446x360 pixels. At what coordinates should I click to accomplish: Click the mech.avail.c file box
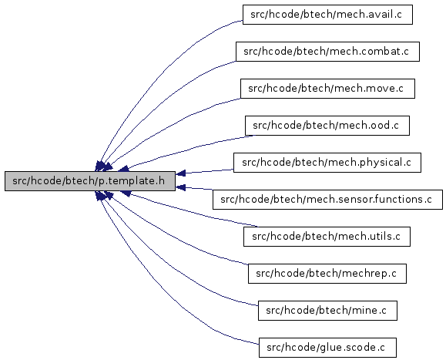click(327, 15)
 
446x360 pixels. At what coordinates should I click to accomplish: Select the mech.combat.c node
click(327, 52)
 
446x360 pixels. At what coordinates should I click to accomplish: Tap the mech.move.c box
click(327, 89)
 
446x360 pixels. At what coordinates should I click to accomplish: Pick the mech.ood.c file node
click(327, 126)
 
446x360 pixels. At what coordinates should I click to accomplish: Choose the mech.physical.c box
click(327, 163)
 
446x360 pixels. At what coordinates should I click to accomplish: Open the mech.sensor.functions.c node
click(327, 200)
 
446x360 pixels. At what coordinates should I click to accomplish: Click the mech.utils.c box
click(327, 237)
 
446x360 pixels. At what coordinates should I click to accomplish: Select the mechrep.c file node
click(327, 274)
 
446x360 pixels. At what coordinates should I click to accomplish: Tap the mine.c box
click(327, 311)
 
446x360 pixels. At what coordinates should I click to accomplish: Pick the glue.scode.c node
click(327, 348)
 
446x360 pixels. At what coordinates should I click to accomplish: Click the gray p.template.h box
click(90, 181)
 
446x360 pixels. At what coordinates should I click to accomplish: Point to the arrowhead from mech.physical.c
click(181, 173)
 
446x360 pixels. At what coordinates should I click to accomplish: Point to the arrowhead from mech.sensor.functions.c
click(181, 187)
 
